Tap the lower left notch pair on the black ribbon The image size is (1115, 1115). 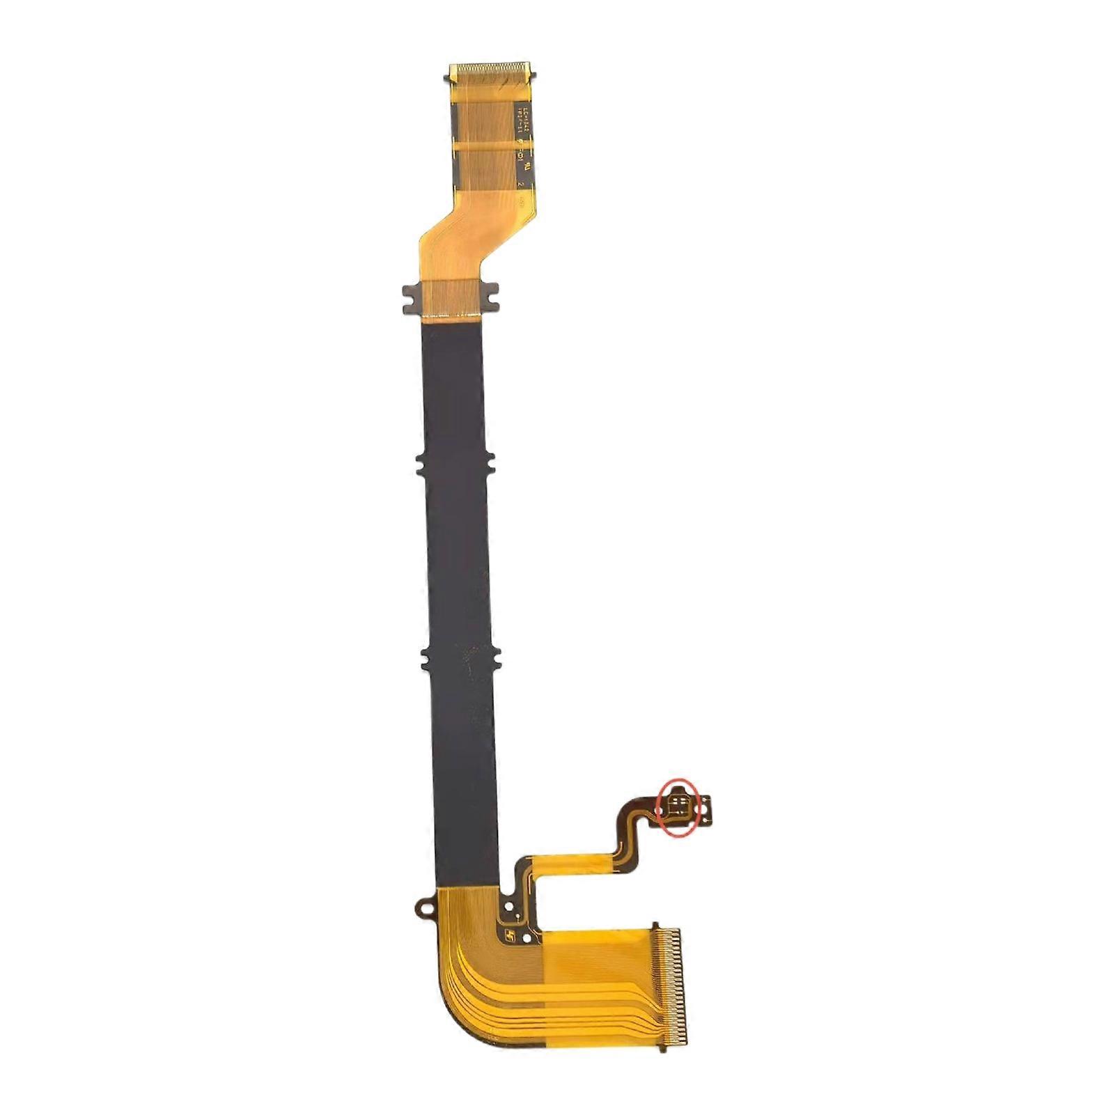click(427, 656)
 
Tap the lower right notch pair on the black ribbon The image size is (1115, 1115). click(494, 656)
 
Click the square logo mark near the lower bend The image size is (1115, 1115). click(512, 938)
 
